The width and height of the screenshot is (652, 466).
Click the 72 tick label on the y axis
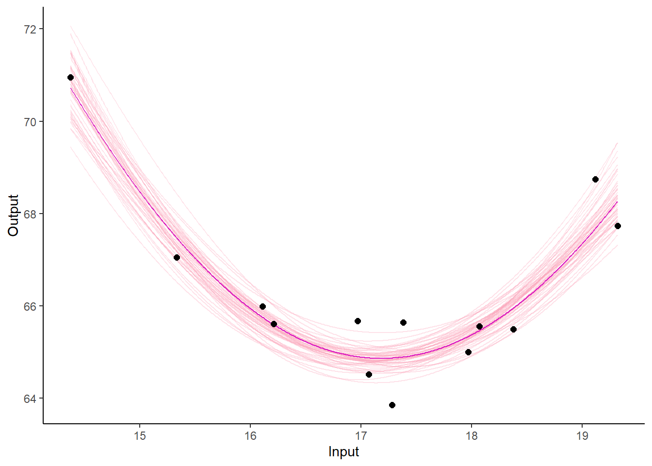tap(30, 29)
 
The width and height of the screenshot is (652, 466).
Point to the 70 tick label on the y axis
tap(30, 121)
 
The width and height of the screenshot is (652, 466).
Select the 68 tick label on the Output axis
tap(30, 214)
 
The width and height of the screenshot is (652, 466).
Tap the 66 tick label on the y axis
tap(30, 306)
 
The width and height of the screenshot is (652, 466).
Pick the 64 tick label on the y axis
tap(30, 399)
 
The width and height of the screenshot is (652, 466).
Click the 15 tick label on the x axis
tap(140, 435)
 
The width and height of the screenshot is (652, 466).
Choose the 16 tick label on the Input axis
tap(250, 435)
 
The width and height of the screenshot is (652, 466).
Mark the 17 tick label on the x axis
tap(361, 435)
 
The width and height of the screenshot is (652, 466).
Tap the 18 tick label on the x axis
tap(472, 435)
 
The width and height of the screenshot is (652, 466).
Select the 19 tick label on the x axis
tap(582, 435)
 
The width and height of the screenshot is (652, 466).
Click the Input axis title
tap(343, 451)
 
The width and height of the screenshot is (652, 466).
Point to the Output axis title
tap(13, 215)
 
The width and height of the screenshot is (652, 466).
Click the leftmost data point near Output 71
tap(70, 77)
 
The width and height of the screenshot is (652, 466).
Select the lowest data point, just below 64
tap(392, 405)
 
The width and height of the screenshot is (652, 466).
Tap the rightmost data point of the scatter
tap(618, 226)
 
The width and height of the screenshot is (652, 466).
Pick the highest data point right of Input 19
tap(595, 179)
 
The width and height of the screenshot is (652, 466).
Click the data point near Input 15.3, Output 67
tap(177, 257)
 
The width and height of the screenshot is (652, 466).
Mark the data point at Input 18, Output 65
tap(468, 352)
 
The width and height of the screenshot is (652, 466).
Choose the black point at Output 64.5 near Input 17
tap(369, 374)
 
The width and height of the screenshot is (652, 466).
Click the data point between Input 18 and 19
tap(513, 329)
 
